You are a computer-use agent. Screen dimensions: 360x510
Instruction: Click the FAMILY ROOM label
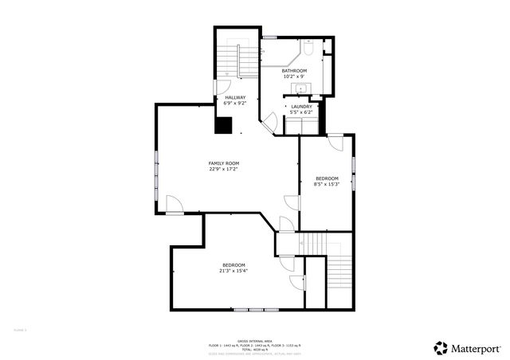pyautogui.click(x=224, y=162)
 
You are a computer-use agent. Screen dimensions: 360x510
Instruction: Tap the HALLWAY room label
pyautogui.click(x=235, y=97)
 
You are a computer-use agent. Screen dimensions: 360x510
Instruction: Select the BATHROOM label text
pyautogui.click(x=294, y=71)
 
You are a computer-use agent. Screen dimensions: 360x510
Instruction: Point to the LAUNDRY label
pyautogui.click(x=301, y=107)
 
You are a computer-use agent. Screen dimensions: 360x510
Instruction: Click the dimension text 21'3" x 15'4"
pyautogui.click(x=233, y=271)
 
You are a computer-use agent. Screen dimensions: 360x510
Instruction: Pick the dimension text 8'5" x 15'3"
pyautogui.click(x=327, y=184)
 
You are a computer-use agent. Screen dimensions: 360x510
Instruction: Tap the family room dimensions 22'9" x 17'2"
pyautogui.click(x=224, y=169)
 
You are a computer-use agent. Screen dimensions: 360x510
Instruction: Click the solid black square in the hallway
pyautogui.click(x=224, y=125)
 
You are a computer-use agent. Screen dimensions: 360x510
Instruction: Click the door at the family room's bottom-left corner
pyautogui.click(x=174, y=205)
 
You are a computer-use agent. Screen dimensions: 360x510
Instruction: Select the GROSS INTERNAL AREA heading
pyautogui.click(x=255, y=339)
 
